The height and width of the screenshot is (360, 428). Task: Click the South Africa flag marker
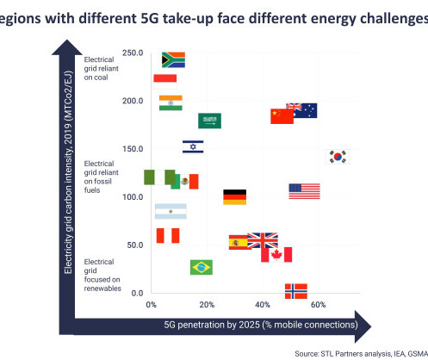tap(173, 59)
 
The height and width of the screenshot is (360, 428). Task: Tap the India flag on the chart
tap(171, 102)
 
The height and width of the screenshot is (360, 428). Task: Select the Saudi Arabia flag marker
tap(209, 121)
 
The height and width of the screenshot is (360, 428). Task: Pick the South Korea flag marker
tap(338, 157)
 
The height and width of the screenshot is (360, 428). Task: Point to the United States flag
tap(304, 191)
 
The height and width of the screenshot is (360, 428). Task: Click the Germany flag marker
tap(235, 197)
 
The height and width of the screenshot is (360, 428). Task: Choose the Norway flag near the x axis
tap(296, 291)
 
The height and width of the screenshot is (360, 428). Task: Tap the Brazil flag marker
tap(202, 267)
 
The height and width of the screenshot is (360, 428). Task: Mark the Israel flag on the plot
tap(193, 146)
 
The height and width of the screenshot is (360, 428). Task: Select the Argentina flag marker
tap(171, 211)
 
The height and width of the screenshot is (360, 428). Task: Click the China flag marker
tap(282, 116)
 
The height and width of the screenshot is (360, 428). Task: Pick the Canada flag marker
tap(276, 255)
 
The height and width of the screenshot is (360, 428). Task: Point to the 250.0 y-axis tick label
tap(133, 53)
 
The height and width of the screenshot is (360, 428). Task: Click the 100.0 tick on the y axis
tap(133, 197)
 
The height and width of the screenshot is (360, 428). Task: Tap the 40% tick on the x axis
tap(263, 305)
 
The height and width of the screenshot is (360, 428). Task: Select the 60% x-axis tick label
tap(319, 305)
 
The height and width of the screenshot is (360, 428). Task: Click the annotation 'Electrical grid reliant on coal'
tap(101, 68)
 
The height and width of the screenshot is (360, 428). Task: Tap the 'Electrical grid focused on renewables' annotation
tap(102, 275)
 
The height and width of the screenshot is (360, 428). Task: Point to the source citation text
tap(362, 354)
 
